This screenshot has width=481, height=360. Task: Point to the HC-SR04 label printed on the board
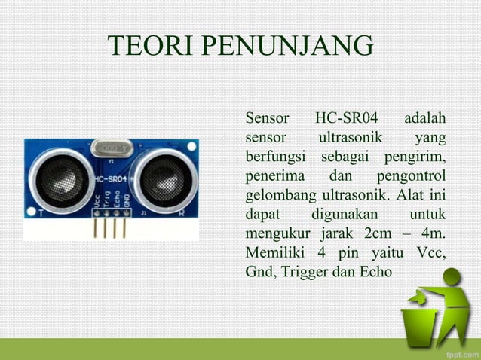[111, 179]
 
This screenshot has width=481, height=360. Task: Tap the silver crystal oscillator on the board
[112, 148]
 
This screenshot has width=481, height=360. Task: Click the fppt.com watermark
[457, 350]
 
